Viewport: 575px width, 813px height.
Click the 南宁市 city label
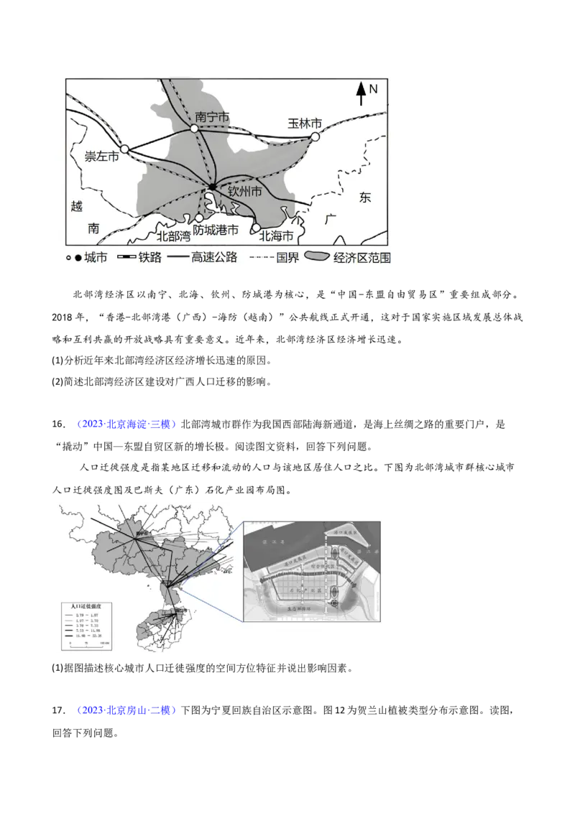pos(213,116)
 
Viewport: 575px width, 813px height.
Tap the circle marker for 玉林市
pos(315,136)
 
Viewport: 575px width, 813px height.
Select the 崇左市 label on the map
pos(101,156)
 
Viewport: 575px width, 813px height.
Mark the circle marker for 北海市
pos(255,228)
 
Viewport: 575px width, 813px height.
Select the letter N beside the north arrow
pos(373,89)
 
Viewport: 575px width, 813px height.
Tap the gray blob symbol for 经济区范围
pos(317,257)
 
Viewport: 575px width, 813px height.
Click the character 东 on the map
pos(365,197)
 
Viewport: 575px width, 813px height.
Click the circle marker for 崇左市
pos(124,149)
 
